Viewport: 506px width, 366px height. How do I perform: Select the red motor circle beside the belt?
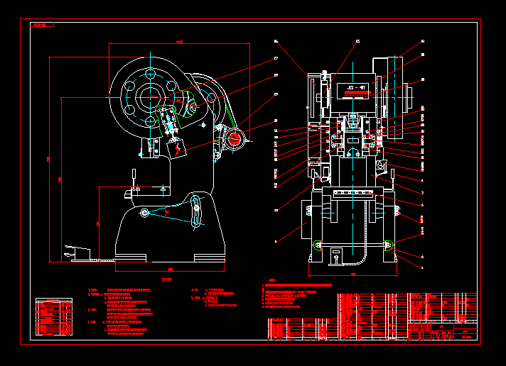(x=234, y=138)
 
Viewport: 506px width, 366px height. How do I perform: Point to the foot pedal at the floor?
(x=78, y=252)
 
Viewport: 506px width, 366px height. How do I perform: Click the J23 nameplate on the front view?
(x=357, y=90)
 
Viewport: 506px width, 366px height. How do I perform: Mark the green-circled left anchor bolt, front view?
(x=318, y=245)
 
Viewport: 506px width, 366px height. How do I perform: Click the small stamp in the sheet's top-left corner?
(x=43, y=26)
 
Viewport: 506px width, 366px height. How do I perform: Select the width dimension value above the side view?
(x=179, y=43)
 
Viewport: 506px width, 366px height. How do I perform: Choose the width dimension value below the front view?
(x=352, y=273)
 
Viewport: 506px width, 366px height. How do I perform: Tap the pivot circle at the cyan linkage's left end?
(x=145, y=213)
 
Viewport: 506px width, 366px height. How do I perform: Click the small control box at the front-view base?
(x=337, y=255)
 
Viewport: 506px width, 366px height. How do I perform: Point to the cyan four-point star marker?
(x=203, y=125)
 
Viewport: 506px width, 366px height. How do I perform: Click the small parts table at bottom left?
(x=53, y=316)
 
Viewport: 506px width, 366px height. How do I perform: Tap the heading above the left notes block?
(x=166, y=281)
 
